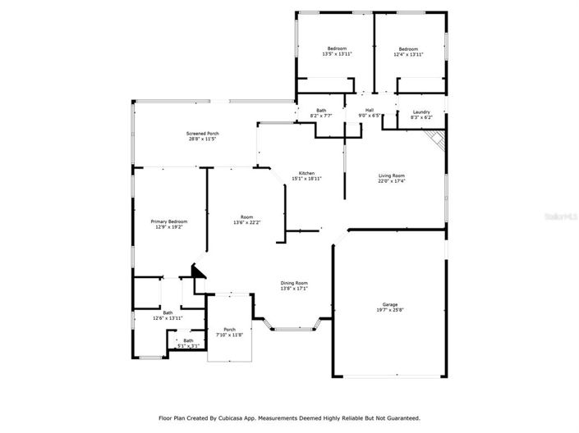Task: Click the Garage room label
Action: [390, 303]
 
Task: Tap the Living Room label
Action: [392, 175]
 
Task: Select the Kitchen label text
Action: [306, 173]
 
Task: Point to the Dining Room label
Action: [293, 283]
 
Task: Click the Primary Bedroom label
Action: [168, 221]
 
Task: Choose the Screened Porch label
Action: [202, 133]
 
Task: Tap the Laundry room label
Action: [421, 112]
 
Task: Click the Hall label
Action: [370, 111]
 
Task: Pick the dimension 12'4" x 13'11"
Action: [408, 54]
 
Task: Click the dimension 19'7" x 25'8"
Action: [390, 309]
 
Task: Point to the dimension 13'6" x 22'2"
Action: [246, 222]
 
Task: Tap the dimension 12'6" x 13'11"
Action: [168, 317]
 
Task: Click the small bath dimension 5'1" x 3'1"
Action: [188, 346]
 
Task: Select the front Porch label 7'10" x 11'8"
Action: [229, 332]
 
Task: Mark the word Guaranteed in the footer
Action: [402, 417]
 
